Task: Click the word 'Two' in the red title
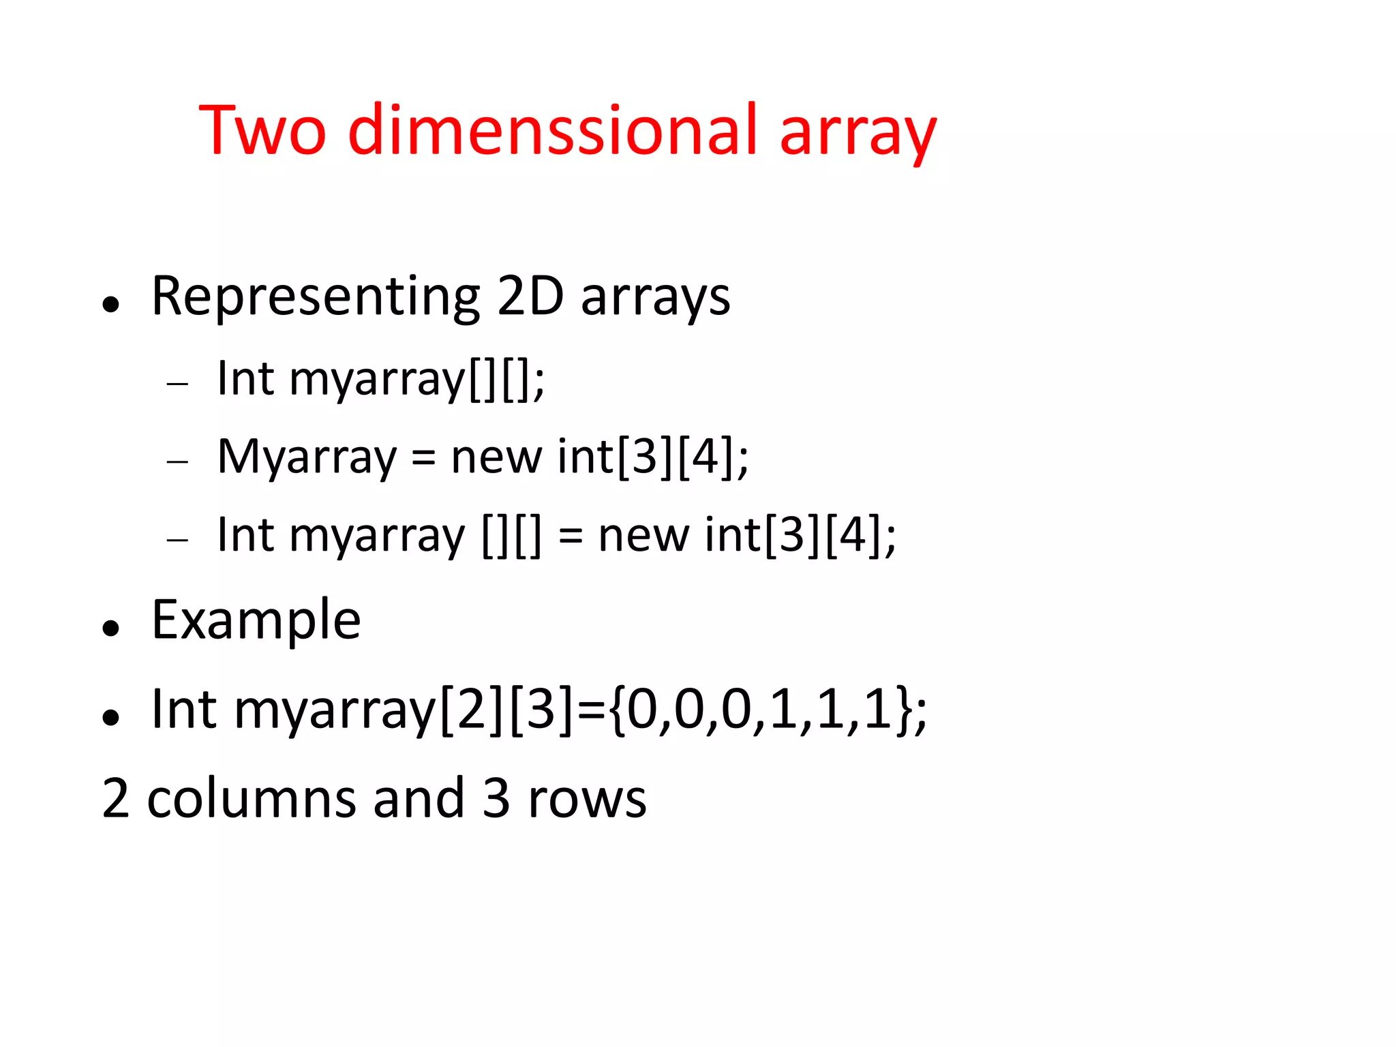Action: [262, 131]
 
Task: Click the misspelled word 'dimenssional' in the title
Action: [553, 131]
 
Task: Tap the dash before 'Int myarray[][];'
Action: [177, 384]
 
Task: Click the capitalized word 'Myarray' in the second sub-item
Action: [306, 457]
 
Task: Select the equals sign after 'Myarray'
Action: [423, 458]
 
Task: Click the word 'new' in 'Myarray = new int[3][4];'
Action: [497, 458]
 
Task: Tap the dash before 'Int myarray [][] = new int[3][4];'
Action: [177, 540]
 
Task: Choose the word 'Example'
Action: [256, 621]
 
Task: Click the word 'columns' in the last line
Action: [251, 798]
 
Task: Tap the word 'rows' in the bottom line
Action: [587, 800]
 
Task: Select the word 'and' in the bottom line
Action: [419, 798]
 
